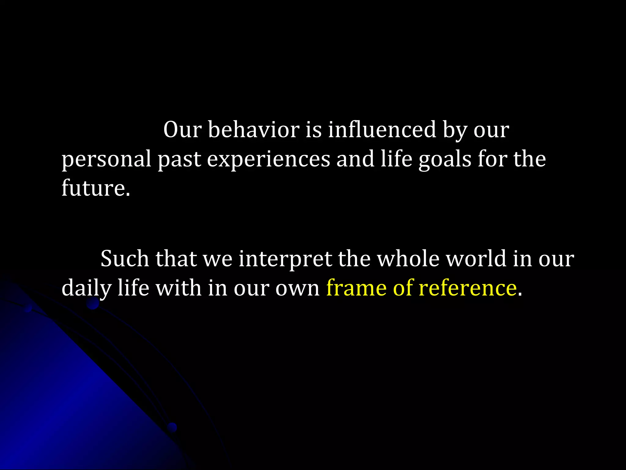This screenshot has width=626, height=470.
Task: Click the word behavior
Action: (x=254, y=130)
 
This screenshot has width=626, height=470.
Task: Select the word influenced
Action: (x=382, y=130)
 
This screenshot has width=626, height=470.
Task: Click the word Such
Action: (x=125, y=259)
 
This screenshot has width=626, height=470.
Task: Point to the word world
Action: (x=476, y=259)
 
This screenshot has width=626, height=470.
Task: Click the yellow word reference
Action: (x=468, y=288)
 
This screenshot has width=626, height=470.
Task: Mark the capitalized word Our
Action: (x=182, y=130)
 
